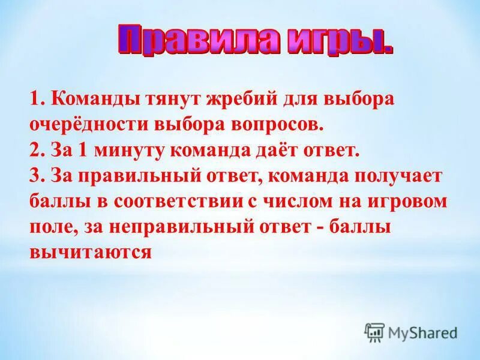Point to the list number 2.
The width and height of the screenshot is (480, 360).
tap(34, 150)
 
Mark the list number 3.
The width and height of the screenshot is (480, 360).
tap(34, 176)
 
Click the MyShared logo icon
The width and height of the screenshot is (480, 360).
tap(374, 332)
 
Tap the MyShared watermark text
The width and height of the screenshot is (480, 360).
tap(422, 332)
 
